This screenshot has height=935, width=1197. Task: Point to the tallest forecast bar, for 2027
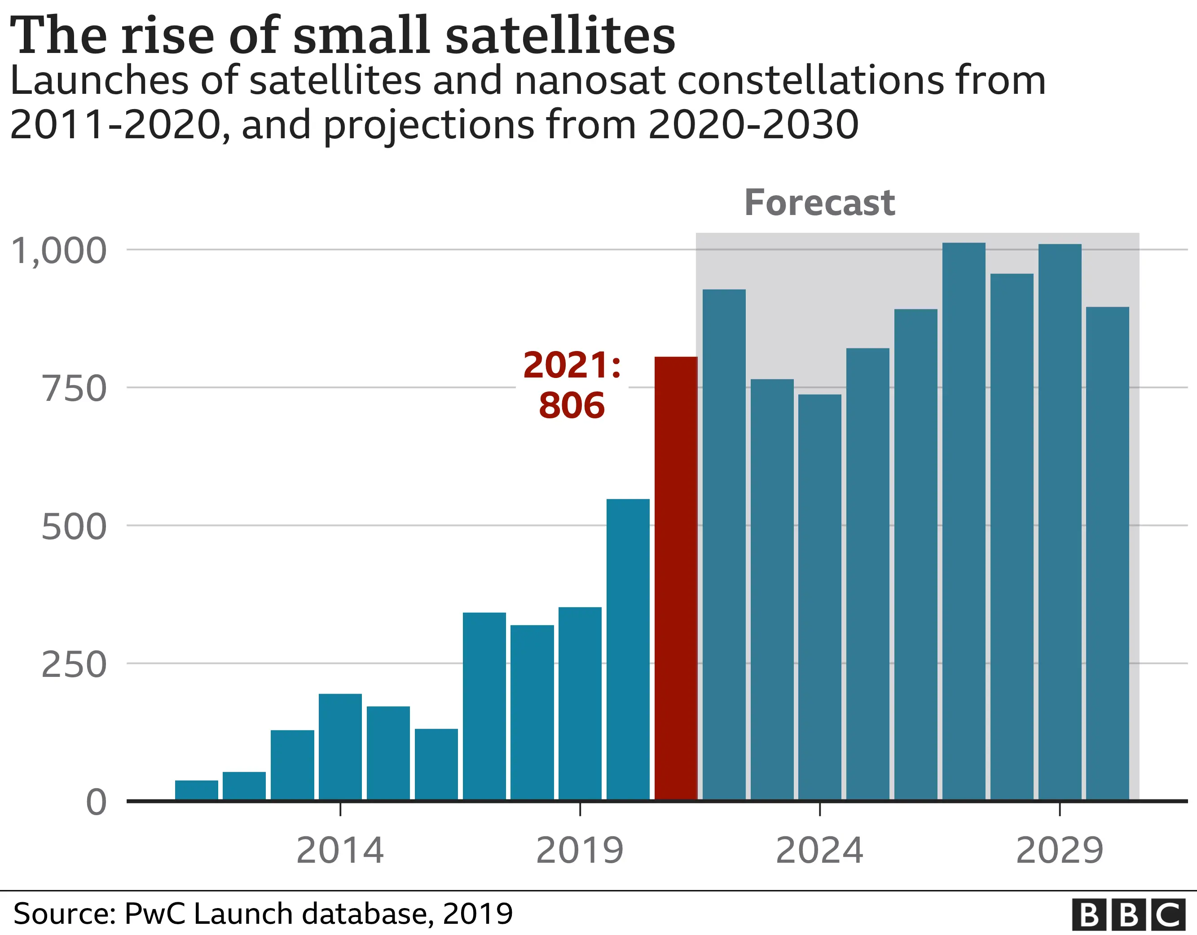[964, 521]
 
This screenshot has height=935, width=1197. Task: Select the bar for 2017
[484, 707]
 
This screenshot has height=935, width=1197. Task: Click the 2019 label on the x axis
[579, 851]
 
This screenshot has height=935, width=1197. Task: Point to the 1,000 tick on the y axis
[59, 251]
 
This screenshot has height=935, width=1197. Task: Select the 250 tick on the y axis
[74, 665]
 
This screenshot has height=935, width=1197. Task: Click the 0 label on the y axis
[96, 803]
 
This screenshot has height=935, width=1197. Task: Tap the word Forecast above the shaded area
[819, 203]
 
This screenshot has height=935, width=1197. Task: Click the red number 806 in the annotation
[572, 406]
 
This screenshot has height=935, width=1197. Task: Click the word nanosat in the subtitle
[590, 80]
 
